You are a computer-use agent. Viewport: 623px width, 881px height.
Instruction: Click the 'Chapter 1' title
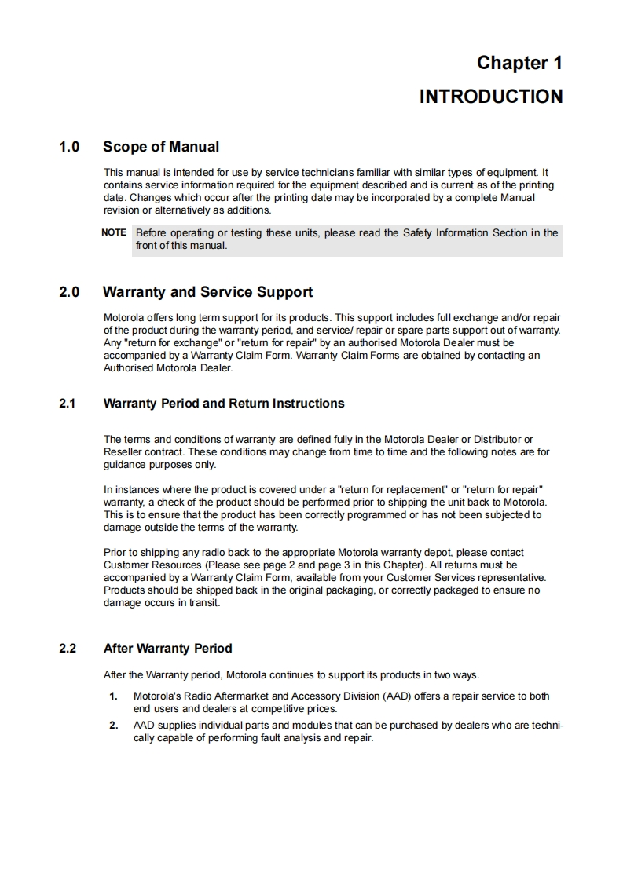(x=519, y=63)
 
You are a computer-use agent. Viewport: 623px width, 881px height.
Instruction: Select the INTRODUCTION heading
(x=490, y=97)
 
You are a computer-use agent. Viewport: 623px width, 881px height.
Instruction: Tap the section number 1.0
(x=70, y=147)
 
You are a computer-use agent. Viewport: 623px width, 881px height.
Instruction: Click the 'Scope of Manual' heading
(x=161, y=147)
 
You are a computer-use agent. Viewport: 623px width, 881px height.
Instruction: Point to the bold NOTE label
(x=114, y=232)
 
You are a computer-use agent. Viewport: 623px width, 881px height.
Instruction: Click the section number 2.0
(x=70, y=292)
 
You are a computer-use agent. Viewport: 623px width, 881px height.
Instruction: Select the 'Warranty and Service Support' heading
(x=207, y=292)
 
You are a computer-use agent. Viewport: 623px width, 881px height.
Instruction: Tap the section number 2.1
(x=68, y=404)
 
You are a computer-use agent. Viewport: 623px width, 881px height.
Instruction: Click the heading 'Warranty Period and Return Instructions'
(x=224, y=404)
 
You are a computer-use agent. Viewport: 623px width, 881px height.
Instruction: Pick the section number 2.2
(x=68, y=649)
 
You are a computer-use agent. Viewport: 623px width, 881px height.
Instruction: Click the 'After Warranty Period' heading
(x=168, y=649)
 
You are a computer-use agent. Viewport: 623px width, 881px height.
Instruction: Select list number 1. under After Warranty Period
(x=113, y=696)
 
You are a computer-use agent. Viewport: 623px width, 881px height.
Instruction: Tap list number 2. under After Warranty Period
(x=113, y=726)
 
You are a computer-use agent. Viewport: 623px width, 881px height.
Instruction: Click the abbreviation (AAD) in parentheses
(x=396, y=696)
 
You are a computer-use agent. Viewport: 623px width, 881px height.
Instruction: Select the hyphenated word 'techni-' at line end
(x=544, y=726)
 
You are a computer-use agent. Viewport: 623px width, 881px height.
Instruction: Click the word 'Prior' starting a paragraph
(x=115, y=553)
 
